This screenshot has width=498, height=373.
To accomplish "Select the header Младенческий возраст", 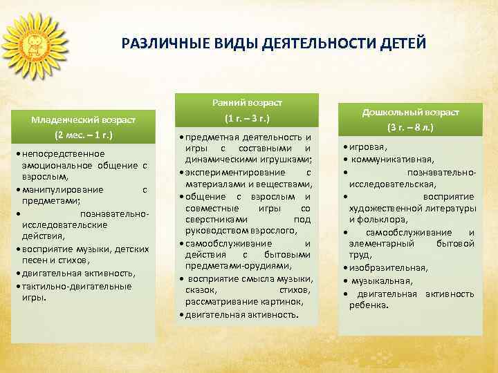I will click(x=82, y=119).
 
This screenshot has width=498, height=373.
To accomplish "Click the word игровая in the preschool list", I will click(x=369, y=147).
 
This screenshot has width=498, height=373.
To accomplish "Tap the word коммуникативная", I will click(x=396, y=160).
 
